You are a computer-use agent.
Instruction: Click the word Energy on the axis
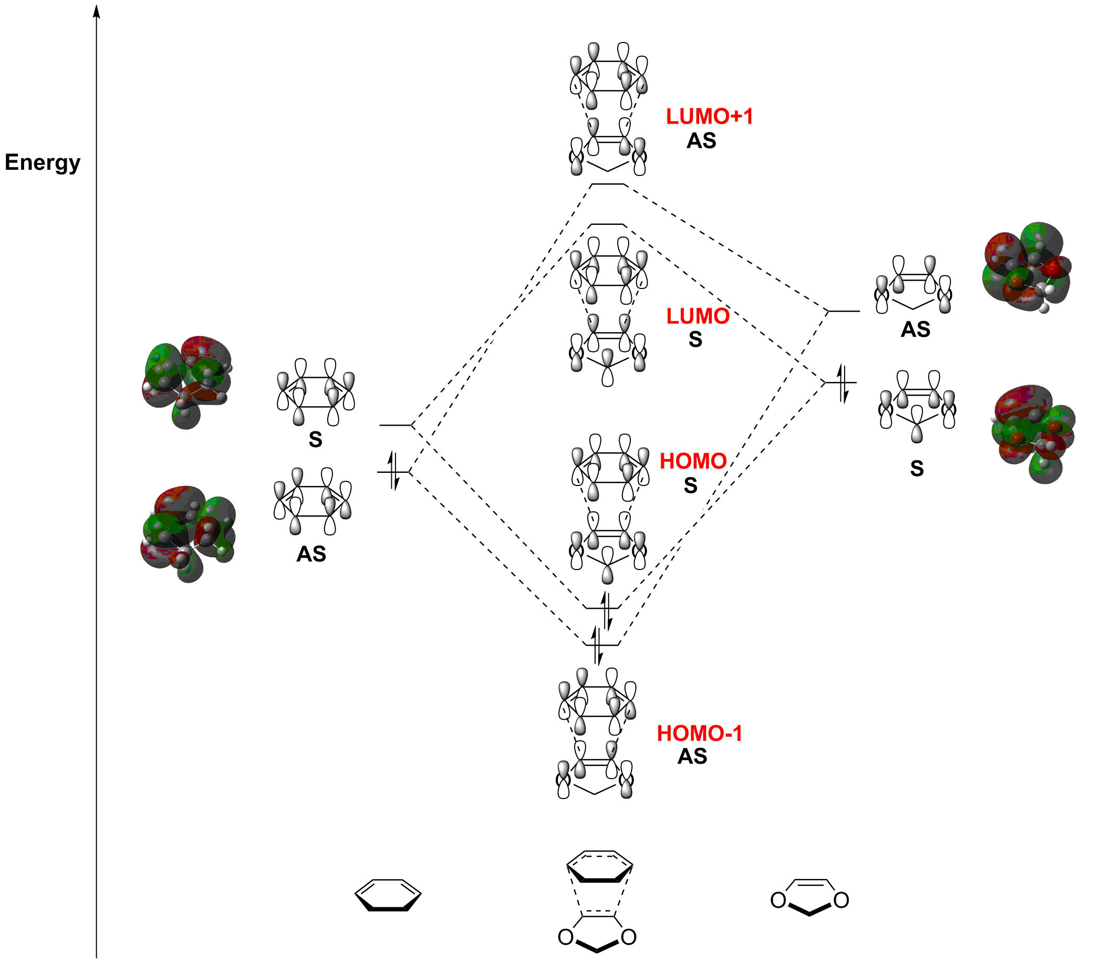[42, 162]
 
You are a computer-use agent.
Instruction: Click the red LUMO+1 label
[709, 117]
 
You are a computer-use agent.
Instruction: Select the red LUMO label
[698, 316]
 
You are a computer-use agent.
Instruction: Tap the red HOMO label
[692, 461]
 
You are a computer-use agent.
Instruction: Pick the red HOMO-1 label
[700, 733]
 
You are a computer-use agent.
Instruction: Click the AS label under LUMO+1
[701, 141]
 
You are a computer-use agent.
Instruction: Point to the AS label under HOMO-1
[692, 757]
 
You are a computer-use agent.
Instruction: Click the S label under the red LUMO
[695, 339]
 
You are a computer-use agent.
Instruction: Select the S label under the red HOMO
[690, 485]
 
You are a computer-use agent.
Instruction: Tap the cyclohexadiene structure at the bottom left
[388, 894]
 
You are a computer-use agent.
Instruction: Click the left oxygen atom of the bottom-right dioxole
[778, 900]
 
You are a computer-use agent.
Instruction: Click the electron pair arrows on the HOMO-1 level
[597, 645]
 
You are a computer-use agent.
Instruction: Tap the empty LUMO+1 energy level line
[608, 184]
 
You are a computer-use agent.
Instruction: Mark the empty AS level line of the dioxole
[844, 311]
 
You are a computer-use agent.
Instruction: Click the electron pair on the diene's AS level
[393, 471]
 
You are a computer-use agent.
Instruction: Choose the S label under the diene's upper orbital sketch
[316, 439]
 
